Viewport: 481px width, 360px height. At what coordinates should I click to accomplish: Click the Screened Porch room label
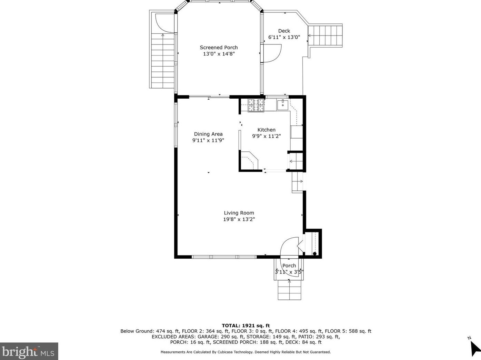(x=219, y=48)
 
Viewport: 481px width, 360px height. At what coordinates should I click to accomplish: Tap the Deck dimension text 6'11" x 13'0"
(x=284, y=37)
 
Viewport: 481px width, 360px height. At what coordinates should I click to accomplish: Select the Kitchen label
(x=266, y=130)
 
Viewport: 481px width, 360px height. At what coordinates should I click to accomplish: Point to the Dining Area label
(x=208, y=134)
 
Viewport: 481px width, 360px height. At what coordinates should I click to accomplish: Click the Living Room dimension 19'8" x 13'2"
(x=239, y=219)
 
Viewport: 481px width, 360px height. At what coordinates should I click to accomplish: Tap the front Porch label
(x=289, y=266)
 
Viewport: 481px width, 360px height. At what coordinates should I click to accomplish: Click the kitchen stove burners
(x=256, y=105)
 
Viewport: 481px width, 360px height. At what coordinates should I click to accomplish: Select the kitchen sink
(x=283, y=105)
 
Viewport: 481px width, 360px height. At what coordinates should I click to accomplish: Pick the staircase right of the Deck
(x=325, y=36)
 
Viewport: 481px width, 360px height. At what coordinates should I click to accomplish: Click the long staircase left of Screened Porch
(x=162, y=60)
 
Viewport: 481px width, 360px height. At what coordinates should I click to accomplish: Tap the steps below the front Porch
(x=289, y=290)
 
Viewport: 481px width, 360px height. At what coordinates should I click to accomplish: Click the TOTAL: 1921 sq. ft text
(x=245, y=326)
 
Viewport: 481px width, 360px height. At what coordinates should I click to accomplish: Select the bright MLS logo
(x=29, y=351)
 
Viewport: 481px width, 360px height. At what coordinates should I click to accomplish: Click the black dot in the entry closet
(x=315, y=254)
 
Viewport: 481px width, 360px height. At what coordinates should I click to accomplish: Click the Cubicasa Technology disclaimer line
(x=245, y=352)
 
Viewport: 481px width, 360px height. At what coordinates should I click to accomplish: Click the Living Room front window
(x=224, y=257)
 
